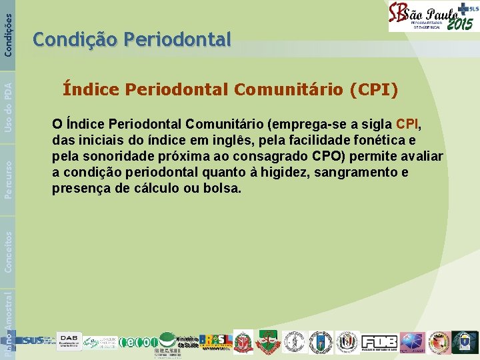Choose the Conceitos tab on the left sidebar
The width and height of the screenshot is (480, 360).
tap(7, 251)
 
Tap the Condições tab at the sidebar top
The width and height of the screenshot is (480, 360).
tap(7, 27)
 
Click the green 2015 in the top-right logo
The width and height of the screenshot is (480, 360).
tap(459, 24)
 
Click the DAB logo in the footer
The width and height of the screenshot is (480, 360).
tap(69, 341)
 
